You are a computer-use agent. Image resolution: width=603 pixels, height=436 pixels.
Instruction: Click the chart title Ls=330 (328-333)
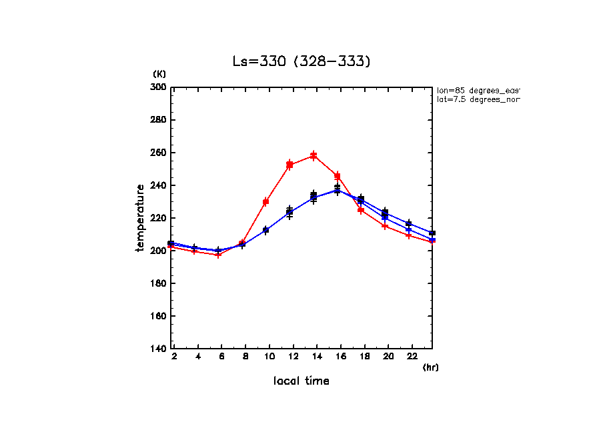[301, 62]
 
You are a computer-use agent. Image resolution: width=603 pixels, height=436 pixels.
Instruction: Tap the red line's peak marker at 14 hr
[314, 156]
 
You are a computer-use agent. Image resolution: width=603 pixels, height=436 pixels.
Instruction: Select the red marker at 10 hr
[265, 202]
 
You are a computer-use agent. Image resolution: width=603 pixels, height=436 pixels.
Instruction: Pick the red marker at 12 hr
[289, 165]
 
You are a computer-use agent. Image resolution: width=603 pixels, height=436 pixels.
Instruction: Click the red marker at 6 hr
[218, 255]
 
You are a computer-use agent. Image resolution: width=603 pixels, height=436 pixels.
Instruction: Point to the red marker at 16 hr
[338, 177]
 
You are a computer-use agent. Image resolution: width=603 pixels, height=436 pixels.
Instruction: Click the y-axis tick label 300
[157, 87]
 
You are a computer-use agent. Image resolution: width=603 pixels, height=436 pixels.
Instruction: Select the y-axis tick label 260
[157, 153]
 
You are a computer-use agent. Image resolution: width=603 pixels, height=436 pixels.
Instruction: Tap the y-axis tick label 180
[157, 283]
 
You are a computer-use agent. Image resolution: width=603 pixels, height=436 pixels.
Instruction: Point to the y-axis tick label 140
[157, 349]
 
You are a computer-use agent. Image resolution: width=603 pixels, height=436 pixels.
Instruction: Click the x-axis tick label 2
[174, 357]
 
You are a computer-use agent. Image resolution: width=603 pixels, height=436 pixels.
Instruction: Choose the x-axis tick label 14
[317, 357]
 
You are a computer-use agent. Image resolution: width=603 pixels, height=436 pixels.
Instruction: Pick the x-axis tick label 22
[412, 357]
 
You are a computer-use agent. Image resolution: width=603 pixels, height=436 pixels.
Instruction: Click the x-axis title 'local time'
[301, 381]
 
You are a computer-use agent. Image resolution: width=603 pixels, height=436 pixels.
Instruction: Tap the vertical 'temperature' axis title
[141, 218]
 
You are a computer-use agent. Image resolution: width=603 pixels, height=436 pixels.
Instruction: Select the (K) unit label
[159, 73]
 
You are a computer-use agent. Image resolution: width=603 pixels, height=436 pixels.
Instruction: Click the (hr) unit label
[430, 367]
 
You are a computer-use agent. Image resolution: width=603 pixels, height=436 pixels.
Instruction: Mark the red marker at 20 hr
[385, 226]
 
